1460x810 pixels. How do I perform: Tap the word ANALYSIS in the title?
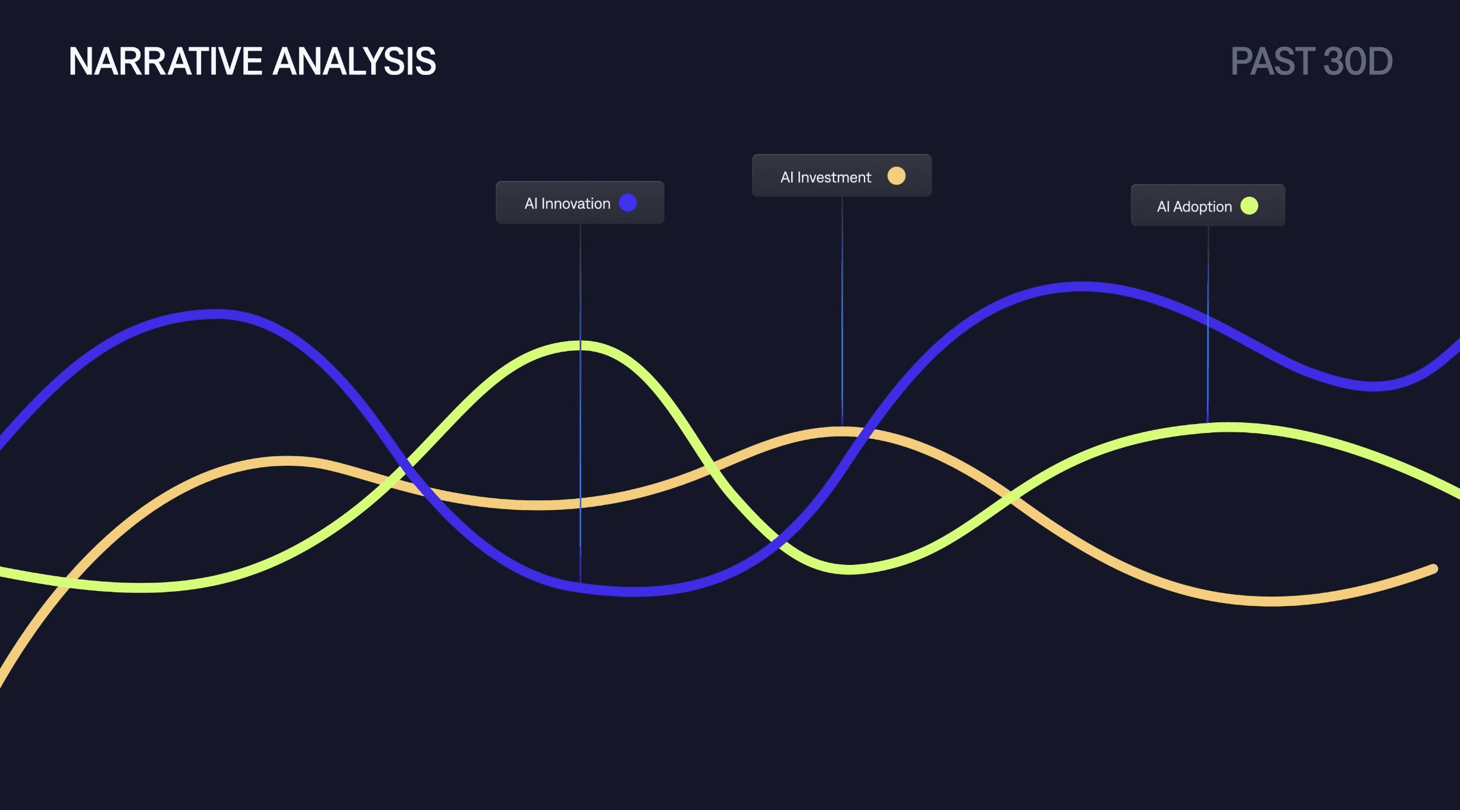click(x=354, y=61)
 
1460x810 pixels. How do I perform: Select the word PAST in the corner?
click(x=1273, y=61)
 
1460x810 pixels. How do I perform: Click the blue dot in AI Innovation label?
click(x=628, y=203)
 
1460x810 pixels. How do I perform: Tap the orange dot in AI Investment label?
click(x=896, y=176)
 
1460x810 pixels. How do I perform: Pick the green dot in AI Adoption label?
click(x=1249, y=206)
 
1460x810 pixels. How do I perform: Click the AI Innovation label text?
click(x=567, y=203)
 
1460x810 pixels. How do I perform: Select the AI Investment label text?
click(x=826, y=177)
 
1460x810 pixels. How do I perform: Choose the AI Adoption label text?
click(x=1194, y=206)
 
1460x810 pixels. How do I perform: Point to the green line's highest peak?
click(x=581, y=346)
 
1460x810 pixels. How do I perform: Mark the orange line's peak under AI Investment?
click(x=842, y=431)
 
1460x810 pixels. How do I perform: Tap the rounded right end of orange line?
click(x=1434, y=569)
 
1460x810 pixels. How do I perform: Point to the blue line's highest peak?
click(x=1082, y=287)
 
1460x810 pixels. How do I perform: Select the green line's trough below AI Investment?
click(x=848, y=570)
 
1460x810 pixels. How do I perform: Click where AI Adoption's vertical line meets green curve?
click(x=1208, y=428)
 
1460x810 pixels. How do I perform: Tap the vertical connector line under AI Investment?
click(x=842, y=311)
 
